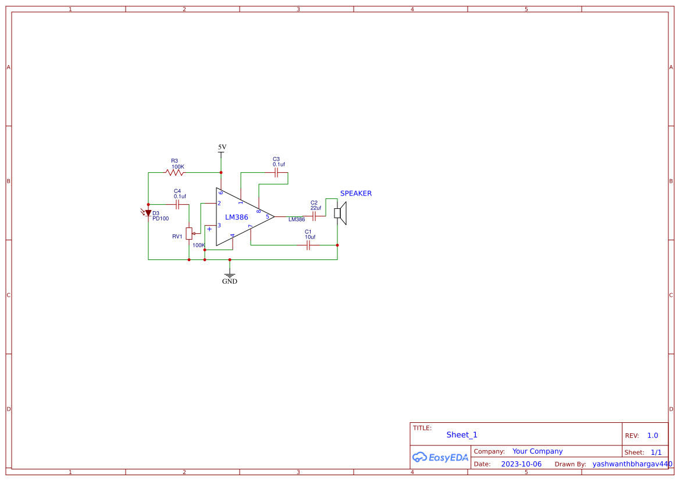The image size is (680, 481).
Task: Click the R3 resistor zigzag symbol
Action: [175, 172]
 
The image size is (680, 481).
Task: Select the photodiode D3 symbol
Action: [148, 213]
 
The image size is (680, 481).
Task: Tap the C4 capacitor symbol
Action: [177, 205]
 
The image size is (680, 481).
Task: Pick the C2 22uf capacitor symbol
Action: [314, 216]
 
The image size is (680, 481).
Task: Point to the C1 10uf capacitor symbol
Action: [308, 245]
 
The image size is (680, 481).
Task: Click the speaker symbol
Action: [340, 213]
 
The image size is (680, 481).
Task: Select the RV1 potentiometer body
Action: [189, 233]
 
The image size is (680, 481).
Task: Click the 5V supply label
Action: [222, 148]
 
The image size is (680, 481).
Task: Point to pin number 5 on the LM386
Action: [268, 217]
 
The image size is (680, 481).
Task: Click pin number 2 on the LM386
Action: [219, 204]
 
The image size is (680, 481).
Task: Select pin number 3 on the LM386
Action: [219, 226]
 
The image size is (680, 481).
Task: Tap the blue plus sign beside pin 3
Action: [209, 229]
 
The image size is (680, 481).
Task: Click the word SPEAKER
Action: [355, 194]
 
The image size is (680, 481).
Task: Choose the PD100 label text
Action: [161, 219]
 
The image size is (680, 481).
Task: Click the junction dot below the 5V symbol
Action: [221, 172]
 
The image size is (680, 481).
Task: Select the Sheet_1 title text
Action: [462, 434]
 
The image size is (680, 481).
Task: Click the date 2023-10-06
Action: [521, 464]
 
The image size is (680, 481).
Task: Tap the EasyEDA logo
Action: [440, 457]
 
